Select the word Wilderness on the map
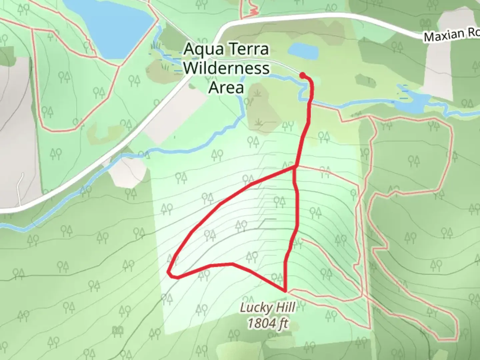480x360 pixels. tap(226, 68)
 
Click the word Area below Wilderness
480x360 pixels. tap(226, 87)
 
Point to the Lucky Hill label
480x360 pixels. tap(268, 308)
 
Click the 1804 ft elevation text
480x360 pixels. tap(268, 323)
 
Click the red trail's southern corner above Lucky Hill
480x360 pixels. tap(285, 290)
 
